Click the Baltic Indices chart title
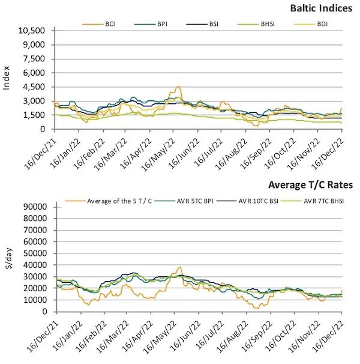click(x=321, y=8)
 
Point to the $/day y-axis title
click(x=8, y=258)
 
